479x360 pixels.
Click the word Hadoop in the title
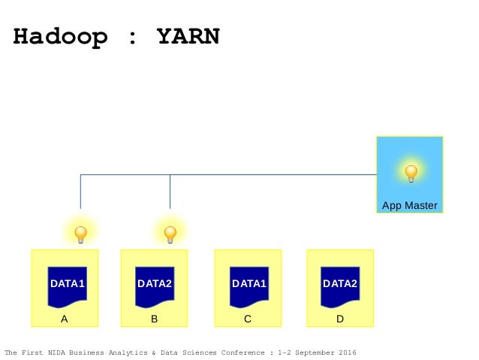pyautogui.click(x=59, y=36)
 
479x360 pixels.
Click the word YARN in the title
pyautogui.click(x=188, y=36)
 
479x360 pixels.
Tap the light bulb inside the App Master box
pyautogui.click(x=411, y=174)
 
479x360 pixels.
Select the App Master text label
pyautogui.click(x=409, y=205)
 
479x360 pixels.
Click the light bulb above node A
pyautogui.click(x=80, y=234)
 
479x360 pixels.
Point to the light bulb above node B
pyautogui.click(x=170, y=234)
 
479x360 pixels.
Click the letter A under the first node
pyautogui.click(x=65, y=319)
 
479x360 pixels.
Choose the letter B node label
pyautogui.click(x=154, y=319)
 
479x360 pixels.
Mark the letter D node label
pyautogui.click(x=340, y=319)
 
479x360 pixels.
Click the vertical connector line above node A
pyautogui.click(x=80, y=192)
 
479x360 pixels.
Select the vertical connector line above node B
pyautogui.click(x=170, y=192)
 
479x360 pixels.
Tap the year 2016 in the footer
pyautogui.click(x=348, y=352)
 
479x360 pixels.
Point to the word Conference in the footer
pyautogui.click(x=241, y=352)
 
